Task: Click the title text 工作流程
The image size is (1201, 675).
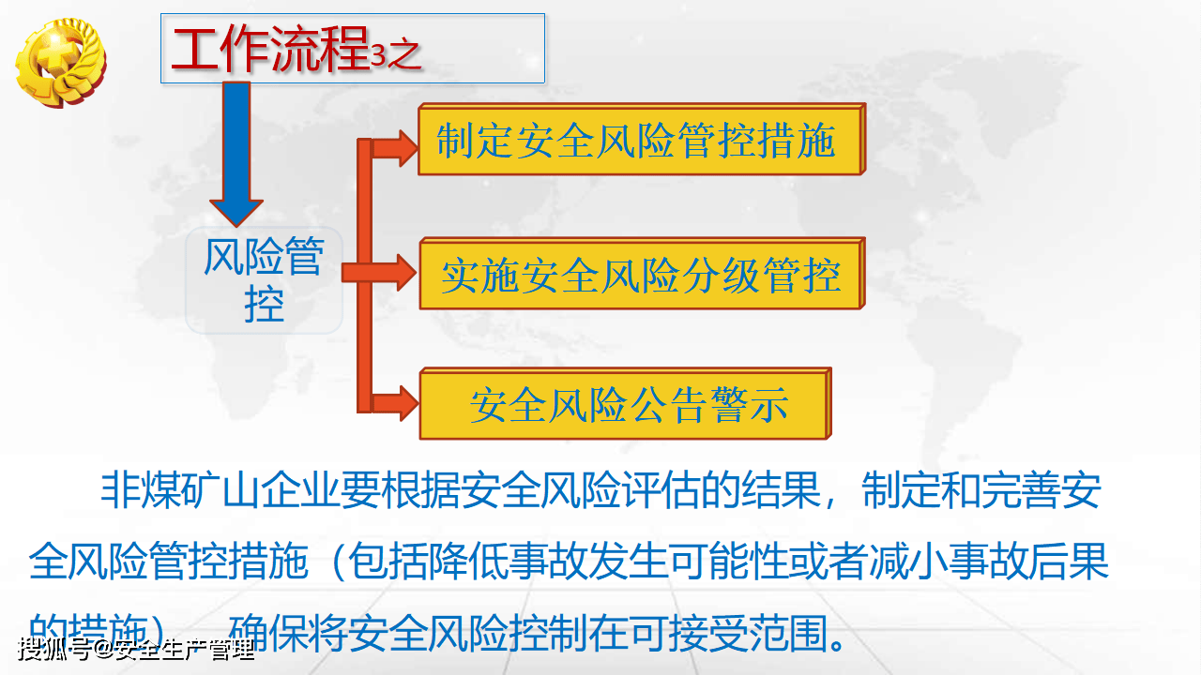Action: point(269,51)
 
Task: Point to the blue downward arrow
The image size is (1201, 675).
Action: point(236,150)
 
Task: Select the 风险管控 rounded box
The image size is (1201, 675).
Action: point(264,280)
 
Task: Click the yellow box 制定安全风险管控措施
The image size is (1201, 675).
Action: point(638,142)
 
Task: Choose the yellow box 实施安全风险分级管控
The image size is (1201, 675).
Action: point(640,276)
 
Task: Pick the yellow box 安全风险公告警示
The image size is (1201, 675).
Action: point(627,405)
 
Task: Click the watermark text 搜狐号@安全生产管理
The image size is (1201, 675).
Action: point(135,649)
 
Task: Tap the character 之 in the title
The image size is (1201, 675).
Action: point(404,55)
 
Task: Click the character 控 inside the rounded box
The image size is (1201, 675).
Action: point(264,303)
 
